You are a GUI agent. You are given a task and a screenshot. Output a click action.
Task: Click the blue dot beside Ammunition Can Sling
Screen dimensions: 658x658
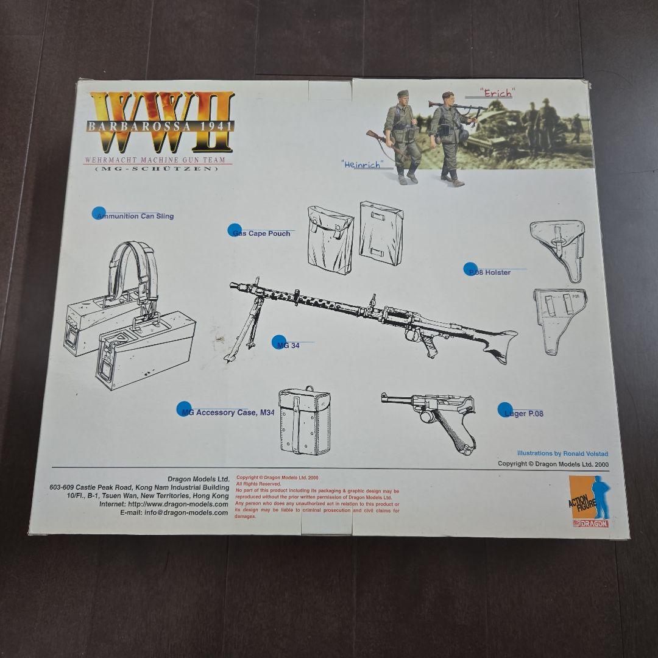coord(99,213)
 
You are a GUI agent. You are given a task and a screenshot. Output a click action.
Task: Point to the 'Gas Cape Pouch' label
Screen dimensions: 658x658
coord(262,233)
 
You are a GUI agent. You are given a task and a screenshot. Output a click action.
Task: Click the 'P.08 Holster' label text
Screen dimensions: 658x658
coord(490,272)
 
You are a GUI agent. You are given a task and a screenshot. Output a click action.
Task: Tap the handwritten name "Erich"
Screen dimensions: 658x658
coord(496,93)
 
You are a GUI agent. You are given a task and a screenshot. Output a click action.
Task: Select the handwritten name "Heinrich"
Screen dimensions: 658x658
coord(361,164)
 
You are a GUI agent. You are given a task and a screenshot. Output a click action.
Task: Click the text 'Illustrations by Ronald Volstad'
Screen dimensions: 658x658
coord(562,453)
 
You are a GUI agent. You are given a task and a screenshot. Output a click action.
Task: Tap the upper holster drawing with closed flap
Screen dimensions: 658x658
coord(557,250)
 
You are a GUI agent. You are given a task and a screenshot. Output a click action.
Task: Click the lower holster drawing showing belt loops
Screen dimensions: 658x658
coord(559,320)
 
